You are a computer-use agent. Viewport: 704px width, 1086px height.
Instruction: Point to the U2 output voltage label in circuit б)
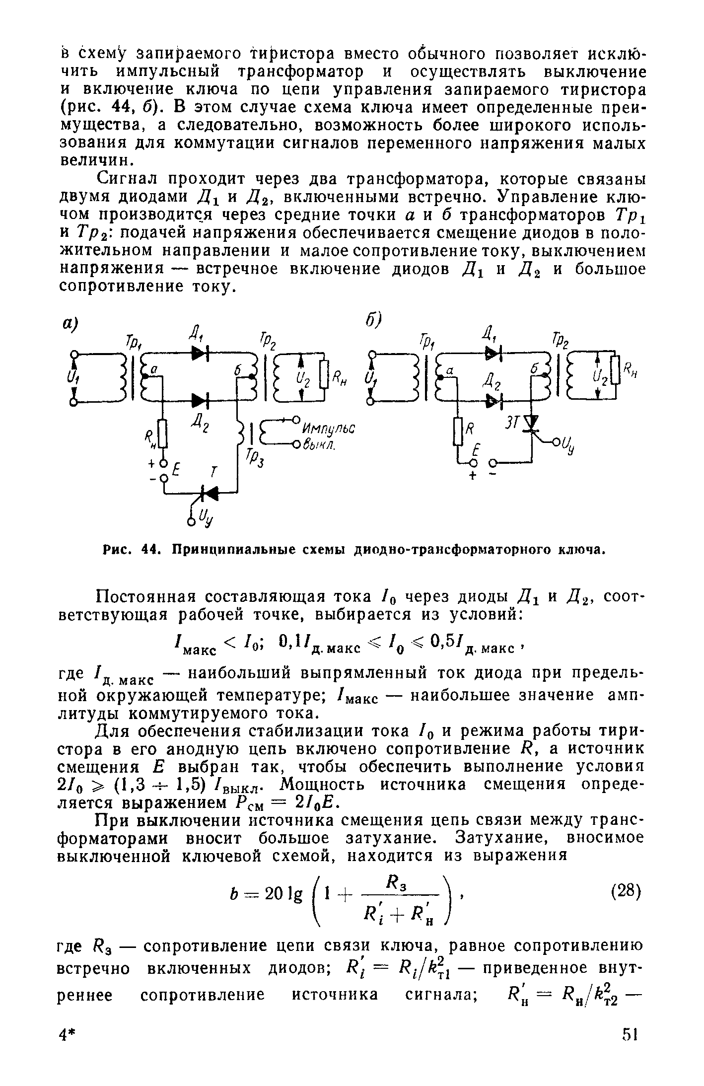coord(598,378)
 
